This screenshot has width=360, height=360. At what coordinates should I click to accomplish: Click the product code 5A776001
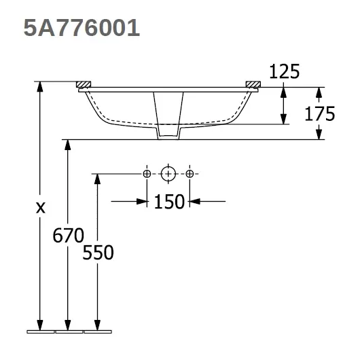pyautogui.click(x=82, y=28)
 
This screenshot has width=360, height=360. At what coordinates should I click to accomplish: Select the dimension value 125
pyautogui.click(x=285, y=71)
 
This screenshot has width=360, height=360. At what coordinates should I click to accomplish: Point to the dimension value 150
pyautogui.click(x=168, y=201)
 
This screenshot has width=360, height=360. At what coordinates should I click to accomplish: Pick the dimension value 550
pyautogui.click(x=98, y=253)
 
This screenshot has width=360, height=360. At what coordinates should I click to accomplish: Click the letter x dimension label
pyautogui.click(x=41, y=209)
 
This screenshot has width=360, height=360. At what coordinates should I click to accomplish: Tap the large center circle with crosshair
pyautogui.click(x=168, y=175)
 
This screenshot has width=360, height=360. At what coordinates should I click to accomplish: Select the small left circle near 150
pyautogui.click(x=147, y=175)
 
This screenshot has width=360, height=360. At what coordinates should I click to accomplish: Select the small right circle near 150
pyautogui.click(x=190, y=175)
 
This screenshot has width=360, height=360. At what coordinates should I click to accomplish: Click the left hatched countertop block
pyautogui.click(x=84, y=84)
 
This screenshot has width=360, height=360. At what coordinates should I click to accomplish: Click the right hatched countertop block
pyautogui.click(x=252, y=84)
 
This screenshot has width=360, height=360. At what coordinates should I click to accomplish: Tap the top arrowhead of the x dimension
pyautogui.click(x=41, y=87)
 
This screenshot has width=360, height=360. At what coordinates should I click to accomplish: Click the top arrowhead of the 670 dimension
pyautogui.click(x=67, y=145)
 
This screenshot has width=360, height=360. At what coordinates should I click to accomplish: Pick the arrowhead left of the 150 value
pyautogui.click(x=143, y=200)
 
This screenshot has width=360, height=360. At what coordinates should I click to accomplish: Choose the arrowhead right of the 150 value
pyautogui.click(x=194, y=200)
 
